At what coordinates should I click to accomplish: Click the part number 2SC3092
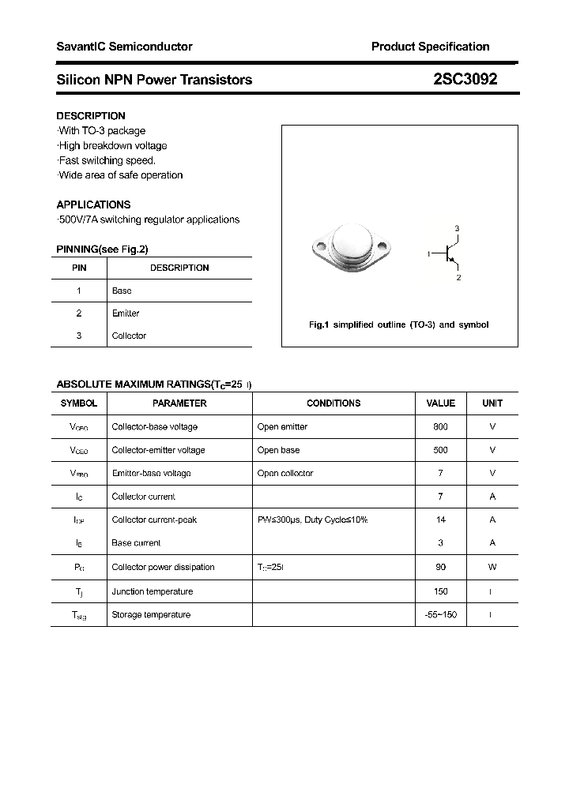point(465,79)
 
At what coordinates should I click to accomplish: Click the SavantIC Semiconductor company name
point(124,47)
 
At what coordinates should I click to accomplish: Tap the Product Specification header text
point(430,47)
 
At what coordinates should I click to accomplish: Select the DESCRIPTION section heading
point(91,116)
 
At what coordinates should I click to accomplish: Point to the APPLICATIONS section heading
point(93,204)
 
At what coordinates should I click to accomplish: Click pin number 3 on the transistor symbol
point(457,228)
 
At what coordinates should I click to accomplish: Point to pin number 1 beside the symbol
point(428,254)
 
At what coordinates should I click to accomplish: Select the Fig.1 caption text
point(398,324)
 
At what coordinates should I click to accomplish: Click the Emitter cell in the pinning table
point(126,313)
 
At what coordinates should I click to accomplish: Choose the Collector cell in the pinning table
point(129,336)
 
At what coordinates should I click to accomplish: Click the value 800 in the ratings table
point(440,426)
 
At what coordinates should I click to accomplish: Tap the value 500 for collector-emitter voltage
point(440,450)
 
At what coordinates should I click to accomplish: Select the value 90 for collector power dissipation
point(440,567)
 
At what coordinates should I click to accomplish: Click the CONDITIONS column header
point(333,403)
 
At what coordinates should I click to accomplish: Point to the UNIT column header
point(492,403)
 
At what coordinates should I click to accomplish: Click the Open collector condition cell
point(284,473)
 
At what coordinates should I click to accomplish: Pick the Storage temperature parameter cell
point(151,614)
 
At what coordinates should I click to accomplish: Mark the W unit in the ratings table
point(492,567)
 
